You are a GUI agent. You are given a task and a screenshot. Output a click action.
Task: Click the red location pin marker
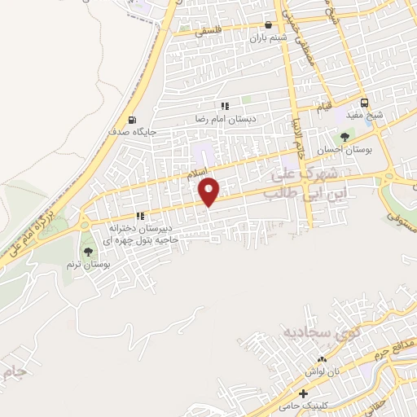pyautogui.click(x=210, y=192)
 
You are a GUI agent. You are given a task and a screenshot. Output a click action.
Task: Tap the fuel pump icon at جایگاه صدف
pyautogui.click(x=133, y=119)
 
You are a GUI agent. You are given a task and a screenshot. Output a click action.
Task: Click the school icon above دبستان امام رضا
pyautogui.click(x=225, y=105)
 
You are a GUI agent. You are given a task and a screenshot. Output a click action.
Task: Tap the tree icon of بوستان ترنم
pyautogui.click(x=87, y=251)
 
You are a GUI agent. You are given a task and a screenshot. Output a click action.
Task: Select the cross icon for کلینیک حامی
pyautogui.click(x=304, y=394)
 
